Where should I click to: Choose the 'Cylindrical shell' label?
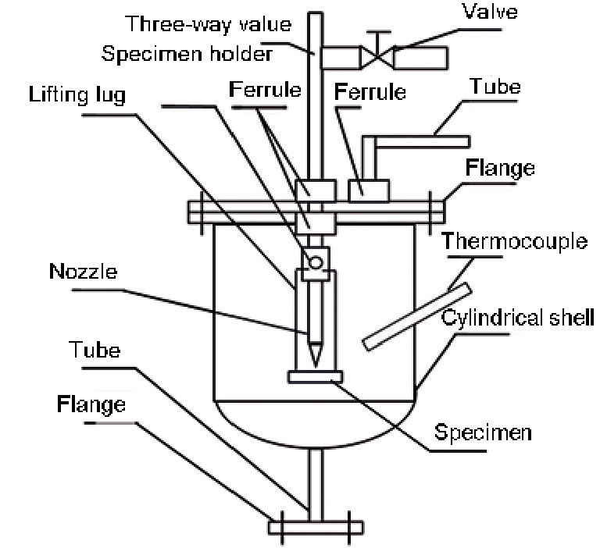518,318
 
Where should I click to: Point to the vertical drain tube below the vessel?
316,483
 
